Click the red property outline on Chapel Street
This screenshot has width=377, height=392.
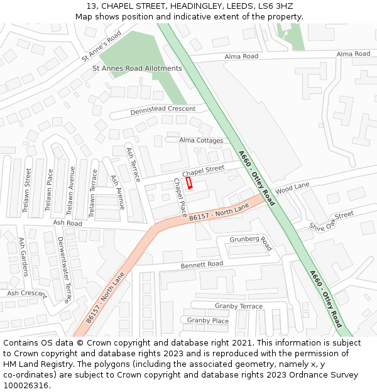188,183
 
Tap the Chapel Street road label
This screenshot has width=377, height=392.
203,170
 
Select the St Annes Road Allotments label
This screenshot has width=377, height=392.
137,68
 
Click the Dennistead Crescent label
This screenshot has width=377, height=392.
163,110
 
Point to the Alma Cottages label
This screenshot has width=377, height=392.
201,140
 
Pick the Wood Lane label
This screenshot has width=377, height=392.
292,187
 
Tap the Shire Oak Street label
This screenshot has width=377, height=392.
331,221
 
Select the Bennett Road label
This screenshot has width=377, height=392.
202,265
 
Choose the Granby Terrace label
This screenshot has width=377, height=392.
239,306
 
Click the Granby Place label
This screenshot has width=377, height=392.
208,320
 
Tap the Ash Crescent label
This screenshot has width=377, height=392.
26,294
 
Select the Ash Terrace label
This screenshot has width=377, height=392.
133,164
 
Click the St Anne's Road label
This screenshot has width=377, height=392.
101,46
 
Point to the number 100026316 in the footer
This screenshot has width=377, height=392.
27,385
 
